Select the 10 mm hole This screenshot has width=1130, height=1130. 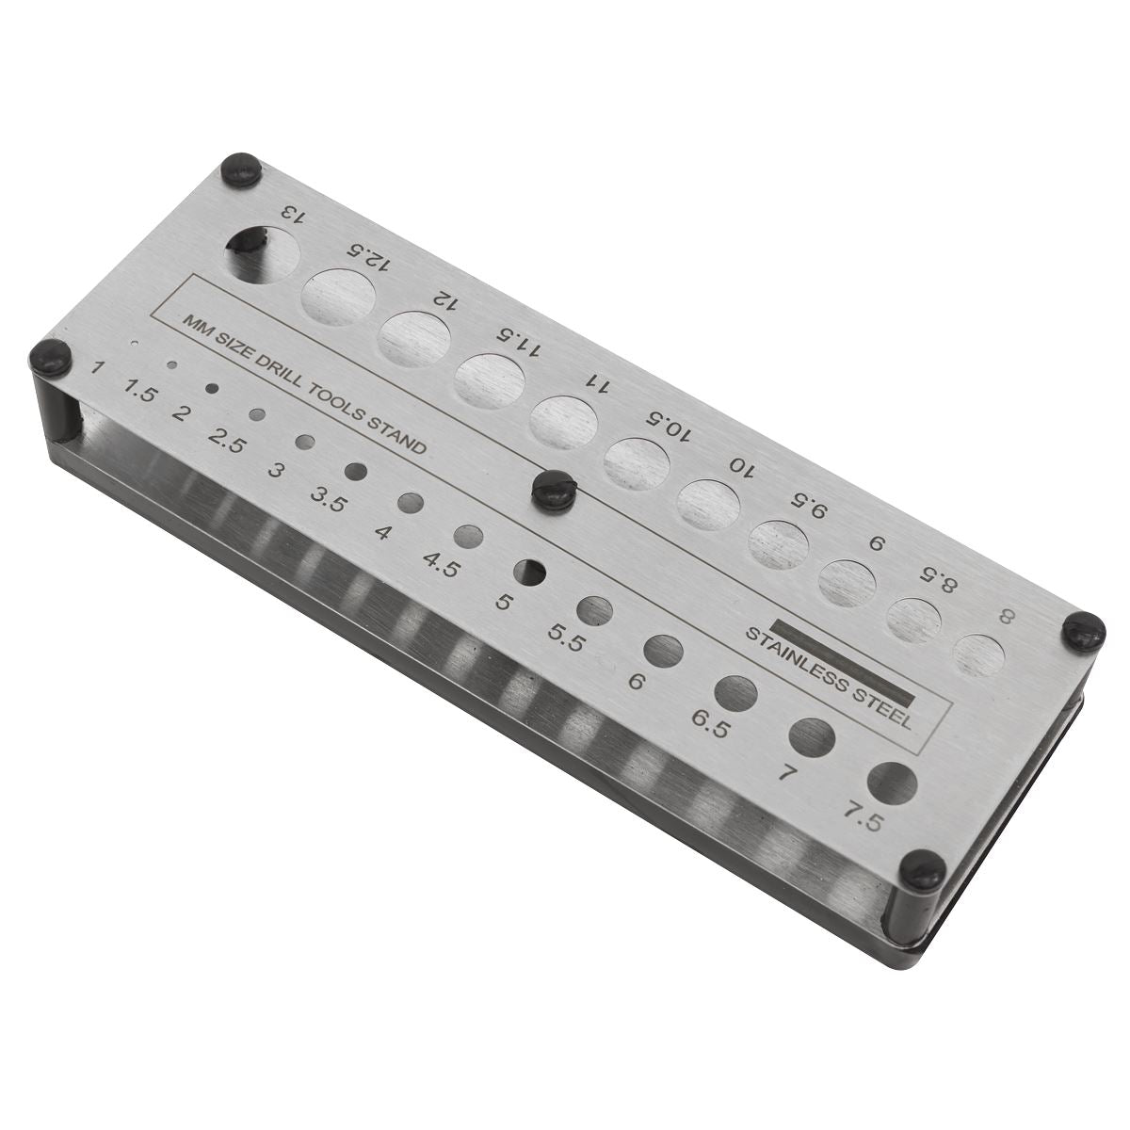click(x=711, y=505)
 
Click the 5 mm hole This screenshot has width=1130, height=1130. click(x=530, y=570)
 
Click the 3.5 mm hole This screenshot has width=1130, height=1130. click(x=356, y=471)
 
